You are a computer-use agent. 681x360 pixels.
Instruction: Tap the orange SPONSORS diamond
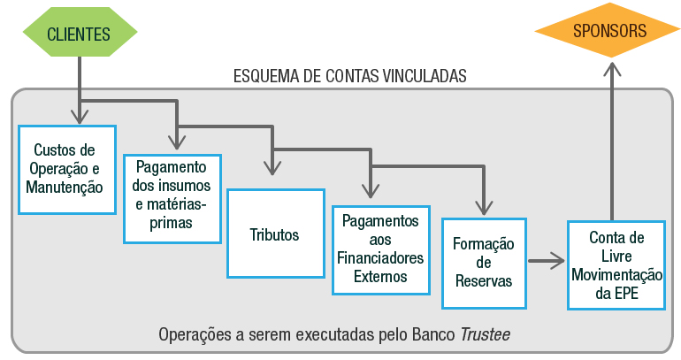(608, 31)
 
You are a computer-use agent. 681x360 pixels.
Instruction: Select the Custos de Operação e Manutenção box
(67, 168)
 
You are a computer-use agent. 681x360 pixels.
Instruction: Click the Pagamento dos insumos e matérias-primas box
(172, 199)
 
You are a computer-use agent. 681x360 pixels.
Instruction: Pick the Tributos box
(274, 234)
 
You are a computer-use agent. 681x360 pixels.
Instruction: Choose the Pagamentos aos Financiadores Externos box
(379, 250)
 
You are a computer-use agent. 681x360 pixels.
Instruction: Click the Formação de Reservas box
(483, 262)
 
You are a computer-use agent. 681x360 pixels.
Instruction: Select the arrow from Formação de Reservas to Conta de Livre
(547, 260)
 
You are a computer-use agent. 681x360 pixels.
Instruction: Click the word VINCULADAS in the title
(422, 76)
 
